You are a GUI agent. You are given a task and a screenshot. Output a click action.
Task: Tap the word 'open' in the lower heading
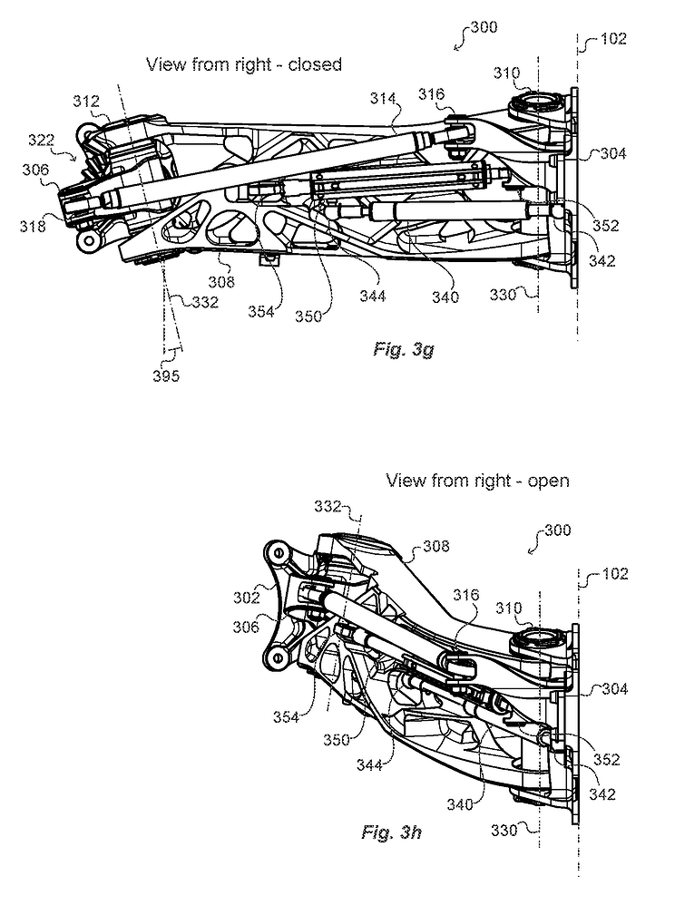[549, 481]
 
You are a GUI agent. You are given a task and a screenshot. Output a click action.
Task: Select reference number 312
[86, 102]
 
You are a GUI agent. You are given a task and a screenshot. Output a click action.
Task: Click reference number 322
[40, 141]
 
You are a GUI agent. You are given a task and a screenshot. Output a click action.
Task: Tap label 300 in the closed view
[484, 28]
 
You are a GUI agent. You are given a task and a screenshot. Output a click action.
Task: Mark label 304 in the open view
[613, 689]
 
